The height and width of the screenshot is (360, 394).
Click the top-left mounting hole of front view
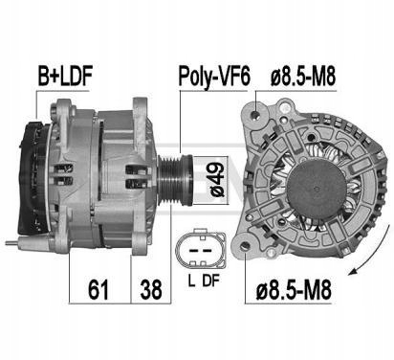255,116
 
